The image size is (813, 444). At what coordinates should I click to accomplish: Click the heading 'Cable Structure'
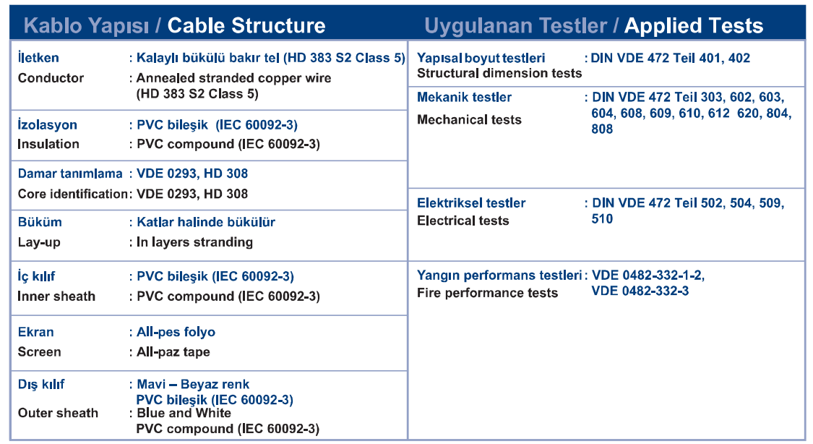point(246,25)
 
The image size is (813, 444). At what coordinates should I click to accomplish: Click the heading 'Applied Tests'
point(694,25)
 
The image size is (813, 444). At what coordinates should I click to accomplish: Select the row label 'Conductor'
point(51,78)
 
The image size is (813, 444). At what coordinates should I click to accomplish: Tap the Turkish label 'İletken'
point(38,58)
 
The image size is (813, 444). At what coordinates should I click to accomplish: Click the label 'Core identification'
point(72,194)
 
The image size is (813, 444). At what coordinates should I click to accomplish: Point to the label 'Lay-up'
point(39,242)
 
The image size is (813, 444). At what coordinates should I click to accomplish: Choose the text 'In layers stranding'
point(195,242)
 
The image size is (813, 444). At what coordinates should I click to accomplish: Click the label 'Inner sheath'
point(56,296)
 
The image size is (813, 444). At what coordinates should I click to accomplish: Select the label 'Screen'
point(40,351)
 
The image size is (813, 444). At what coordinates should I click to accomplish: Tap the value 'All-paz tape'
point(173,351)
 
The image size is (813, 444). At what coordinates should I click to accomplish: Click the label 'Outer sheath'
point(58,413)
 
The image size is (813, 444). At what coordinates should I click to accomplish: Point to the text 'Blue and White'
point(184,413)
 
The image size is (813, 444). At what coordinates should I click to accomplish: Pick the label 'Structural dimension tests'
point(499,73)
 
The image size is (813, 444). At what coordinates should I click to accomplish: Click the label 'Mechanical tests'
point(469,120)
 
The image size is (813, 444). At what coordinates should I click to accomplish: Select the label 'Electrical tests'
point(463,221)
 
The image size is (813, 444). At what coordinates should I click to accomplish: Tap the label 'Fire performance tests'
point(487,293)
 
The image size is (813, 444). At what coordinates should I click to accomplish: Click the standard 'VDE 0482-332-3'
point(640,291)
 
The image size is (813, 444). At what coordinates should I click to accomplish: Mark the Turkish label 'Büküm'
point(40,222)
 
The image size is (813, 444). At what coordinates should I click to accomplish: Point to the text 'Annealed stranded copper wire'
point(234,78)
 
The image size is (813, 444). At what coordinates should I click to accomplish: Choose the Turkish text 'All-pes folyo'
point(176,332)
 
